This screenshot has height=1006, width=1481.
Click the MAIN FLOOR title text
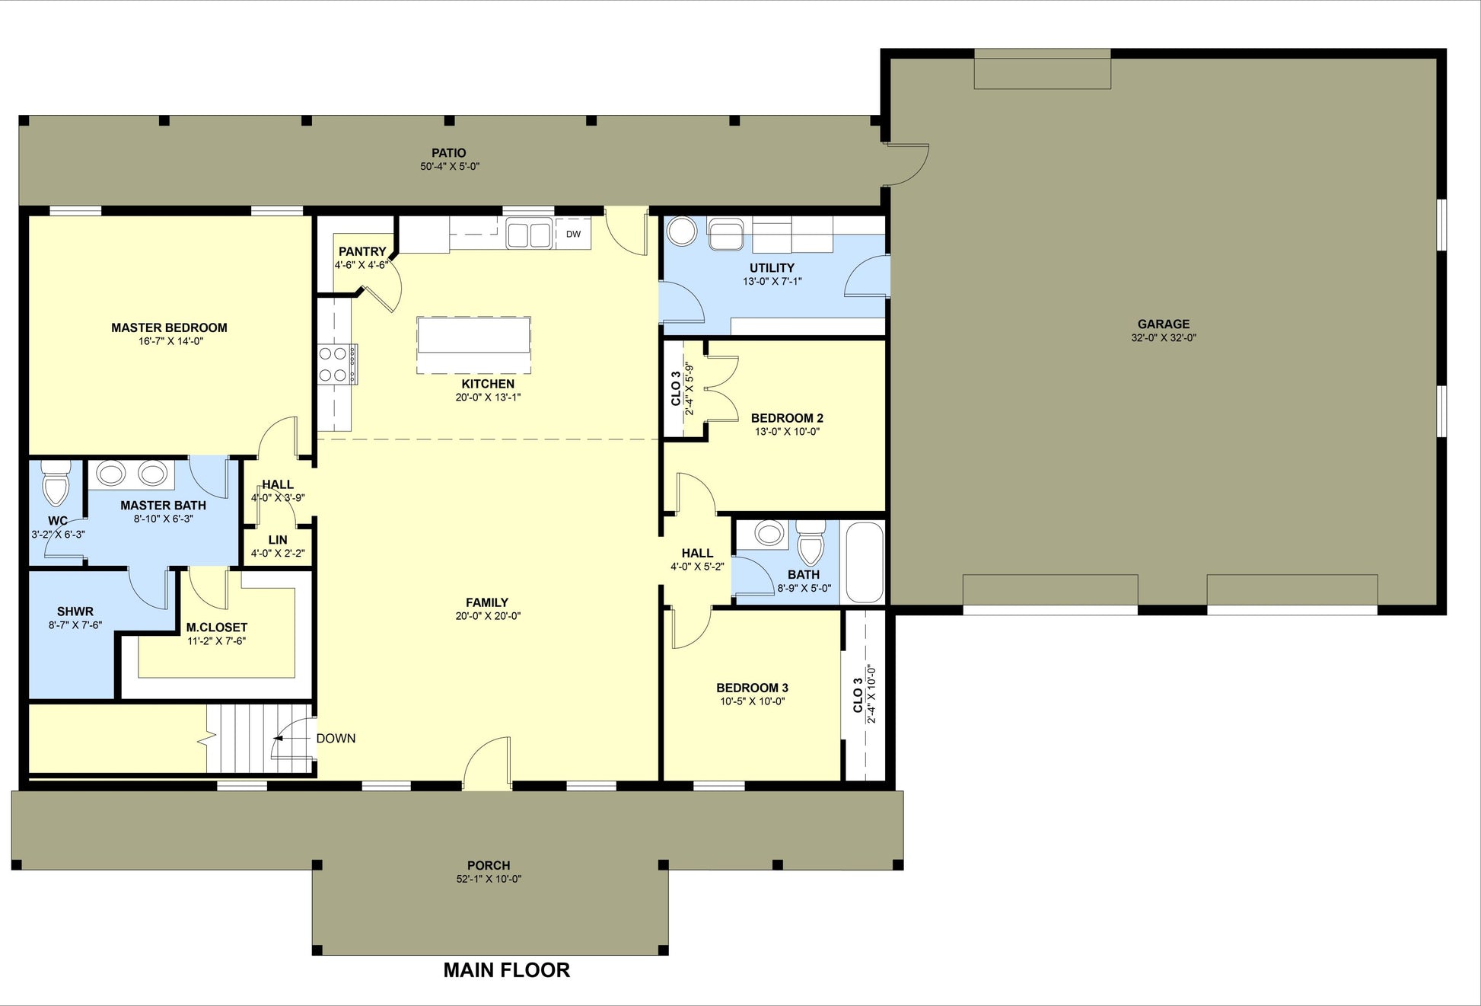506,969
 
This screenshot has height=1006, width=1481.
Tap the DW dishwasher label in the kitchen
573,234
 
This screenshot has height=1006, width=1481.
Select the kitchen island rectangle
473,345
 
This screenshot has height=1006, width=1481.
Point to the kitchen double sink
529,233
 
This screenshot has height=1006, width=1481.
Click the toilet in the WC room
56,483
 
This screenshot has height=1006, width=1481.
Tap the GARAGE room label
1163,324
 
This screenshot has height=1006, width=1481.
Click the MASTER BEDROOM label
169,327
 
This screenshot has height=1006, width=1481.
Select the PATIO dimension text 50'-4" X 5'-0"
450,166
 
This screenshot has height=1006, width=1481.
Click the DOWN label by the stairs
336,738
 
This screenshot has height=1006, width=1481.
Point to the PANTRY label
362,251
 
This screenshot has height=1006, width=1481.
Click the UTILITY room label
772,267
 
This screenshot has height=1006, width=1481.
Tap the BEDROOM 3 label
752,688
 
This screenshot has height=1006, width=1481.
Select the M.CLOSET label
217,628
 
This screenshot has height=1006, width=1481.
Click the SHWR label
75,612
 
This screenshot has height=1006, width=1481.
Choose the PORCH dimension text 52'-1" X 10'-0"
488,879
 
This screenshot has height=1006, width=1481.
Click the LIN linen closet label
278,540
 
